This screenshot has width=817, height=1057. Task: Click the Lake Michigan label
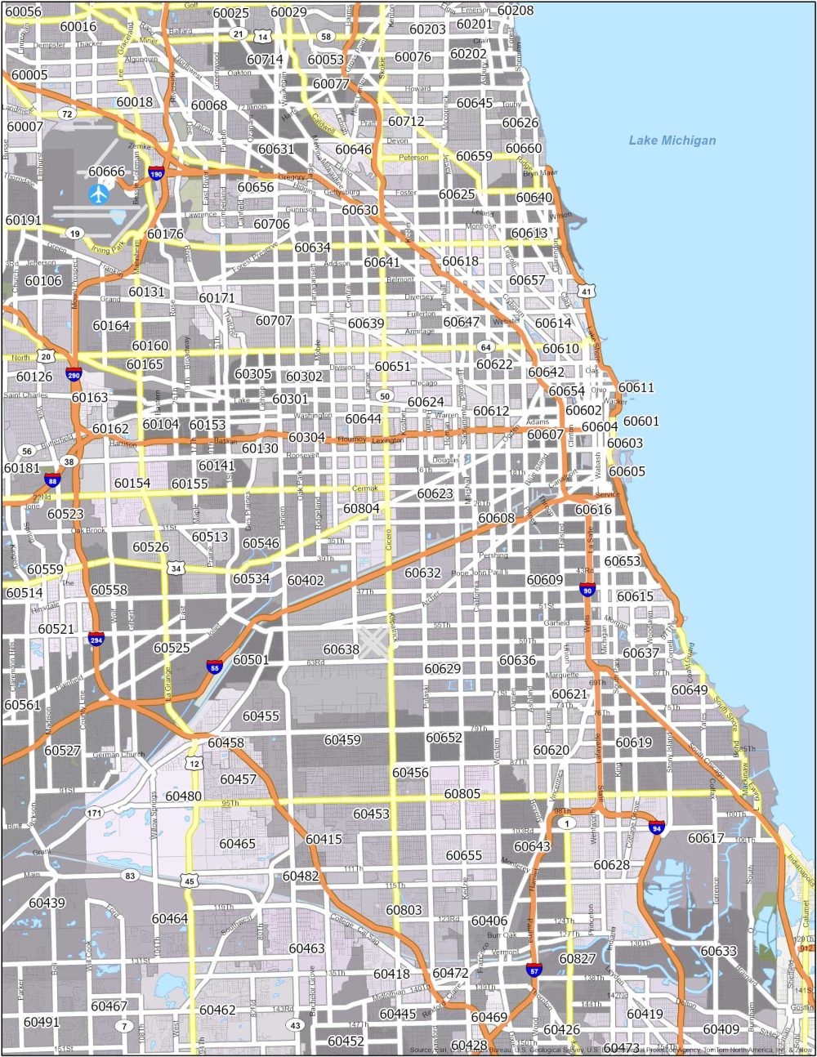pyautogui.click(x=672, y=140)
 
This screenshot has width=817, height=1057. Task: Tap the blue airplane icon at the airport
pyautogui.click(x=99, y=194)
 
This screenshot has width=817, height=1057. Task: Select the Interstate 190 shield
pyautogui.click(x=157, y=173)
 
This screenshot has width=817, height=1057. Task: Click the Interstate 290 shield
pyautogui.click(x=74, y=375)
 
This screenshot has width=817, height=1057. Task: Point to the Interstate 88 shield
pyautogui.click(x=53, y=479)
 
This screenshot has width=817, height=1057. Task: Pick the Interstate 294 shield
pyautogui.click(x=96, y=638)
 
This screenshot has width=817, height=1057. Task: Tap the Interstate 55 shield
pyautogui.click(x=214, y=666)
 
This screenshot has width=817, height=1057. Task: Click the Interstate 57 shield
pyautogui.click(x=534, y=970)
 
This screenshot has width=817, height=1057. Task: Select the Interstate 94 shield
pyautogui.click(x=656, y=827)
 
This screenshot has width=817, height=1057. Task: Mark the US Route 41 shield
pyautogui.click(x=586, y=291)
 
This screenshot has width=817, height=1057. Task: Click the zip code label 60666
pyautogui.click(x=106, y=171)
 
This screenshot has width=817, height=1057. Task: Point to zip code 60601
pyautogui.click(x=641, y=421)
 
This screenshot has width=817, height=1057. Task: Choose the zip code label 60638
pyautogui.click(x=341, y=649)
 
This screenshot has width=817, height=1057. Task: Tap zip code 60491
pyautogui.click(x=42, y=1022)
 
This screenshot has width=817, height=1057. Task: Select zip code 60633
pyautogui.click(x=719, y=951)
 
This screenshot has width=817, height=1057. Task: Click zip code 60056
pyautogui.click(x=23, y=11)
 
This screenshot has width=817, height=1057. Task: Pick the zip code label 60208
pyautogui.click(x=515, y=11)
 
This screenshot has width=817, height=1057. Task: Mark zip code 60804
pyautogui.click(x=361, y=508)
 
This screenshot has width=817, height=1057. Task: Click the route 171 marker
pyautogui.click(x=95, y=813)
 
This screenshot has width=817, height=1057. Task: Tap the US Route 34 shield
pyautogui.click(x=174, y=568)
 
